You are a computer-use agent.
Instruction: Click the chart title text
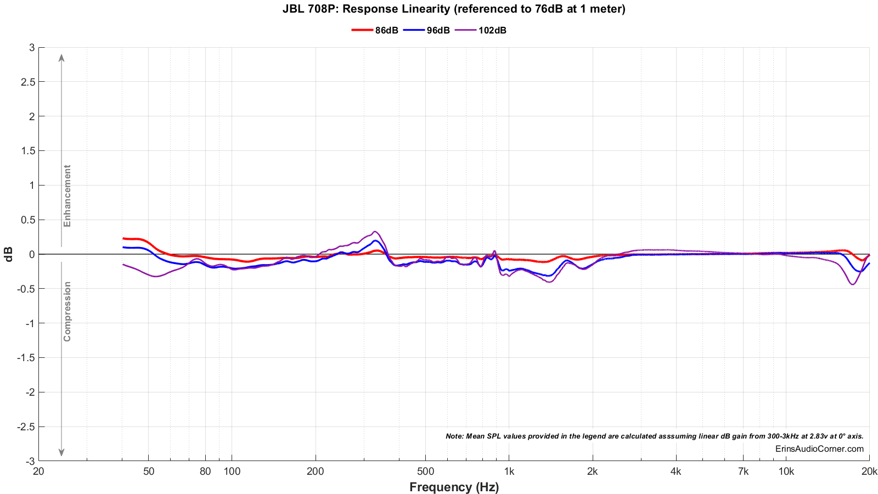tap(454, 9)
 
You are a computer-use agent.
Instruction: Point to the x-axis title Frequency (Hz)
tap(454, 487)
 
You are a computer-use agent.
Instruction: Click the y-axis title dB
tap(9, 254)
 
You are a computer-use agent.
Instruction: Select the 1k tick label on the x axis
tap(509, 471)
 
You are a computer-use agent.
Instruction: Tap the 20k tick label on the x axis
tap(869, 471)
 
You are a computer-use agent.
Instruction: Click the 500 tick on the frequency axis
tap(425, 471)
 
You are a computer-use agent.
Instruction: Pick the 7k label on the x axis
tap(744, 471)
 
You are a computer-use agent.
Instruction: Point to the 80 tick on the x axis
tap(205, 471)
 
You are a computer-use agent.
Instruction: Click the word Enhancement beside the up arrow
tap(67, 196)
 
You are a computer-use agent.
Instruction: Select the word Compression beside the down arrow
tap(67, 311)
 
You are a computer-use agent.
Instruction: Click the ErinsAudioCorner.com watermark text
tap(819, 449)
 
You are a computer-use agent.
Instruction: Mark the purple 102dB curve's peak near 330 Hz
tap(375, 232)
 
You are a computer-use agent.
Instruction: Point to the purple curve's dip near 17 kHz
tap(852, 284)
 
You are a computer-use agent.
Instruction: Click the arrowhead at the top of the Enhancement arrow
tap(61, 57)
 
